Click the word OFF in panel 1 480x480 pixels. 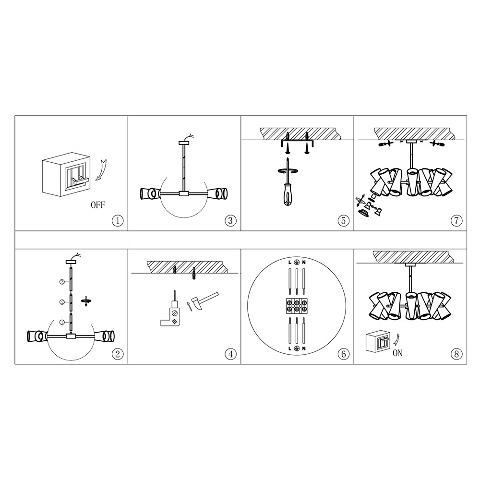pos(98,205)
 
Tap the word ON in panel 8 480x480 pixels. pos(397,353)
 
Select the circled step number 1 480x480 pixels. pos(118,220)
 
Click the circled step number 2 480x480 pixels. pos(118,354)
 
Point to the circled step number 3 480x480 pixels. pos(230,220)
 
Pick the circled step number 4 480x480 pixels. pos(230,354)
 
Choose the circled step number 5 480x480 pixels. pos(344,220)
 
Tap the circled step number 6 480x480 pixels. pos(344,354)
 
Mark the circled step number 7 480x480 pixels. pos(456,220)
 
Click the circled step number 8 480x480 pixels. pos(456,354)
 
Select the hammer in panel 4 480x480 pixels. pos(204,301)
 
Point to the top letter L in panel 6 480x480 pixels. pos(289,263)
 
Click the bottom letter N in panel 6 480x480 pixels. pos(304,348)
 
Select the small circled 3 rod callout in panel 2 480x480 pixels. pos(62,282)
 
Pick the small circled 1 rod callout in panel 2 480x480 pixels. pos(62,322)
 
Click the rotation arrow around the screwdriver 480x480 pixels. pos(288,171)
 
